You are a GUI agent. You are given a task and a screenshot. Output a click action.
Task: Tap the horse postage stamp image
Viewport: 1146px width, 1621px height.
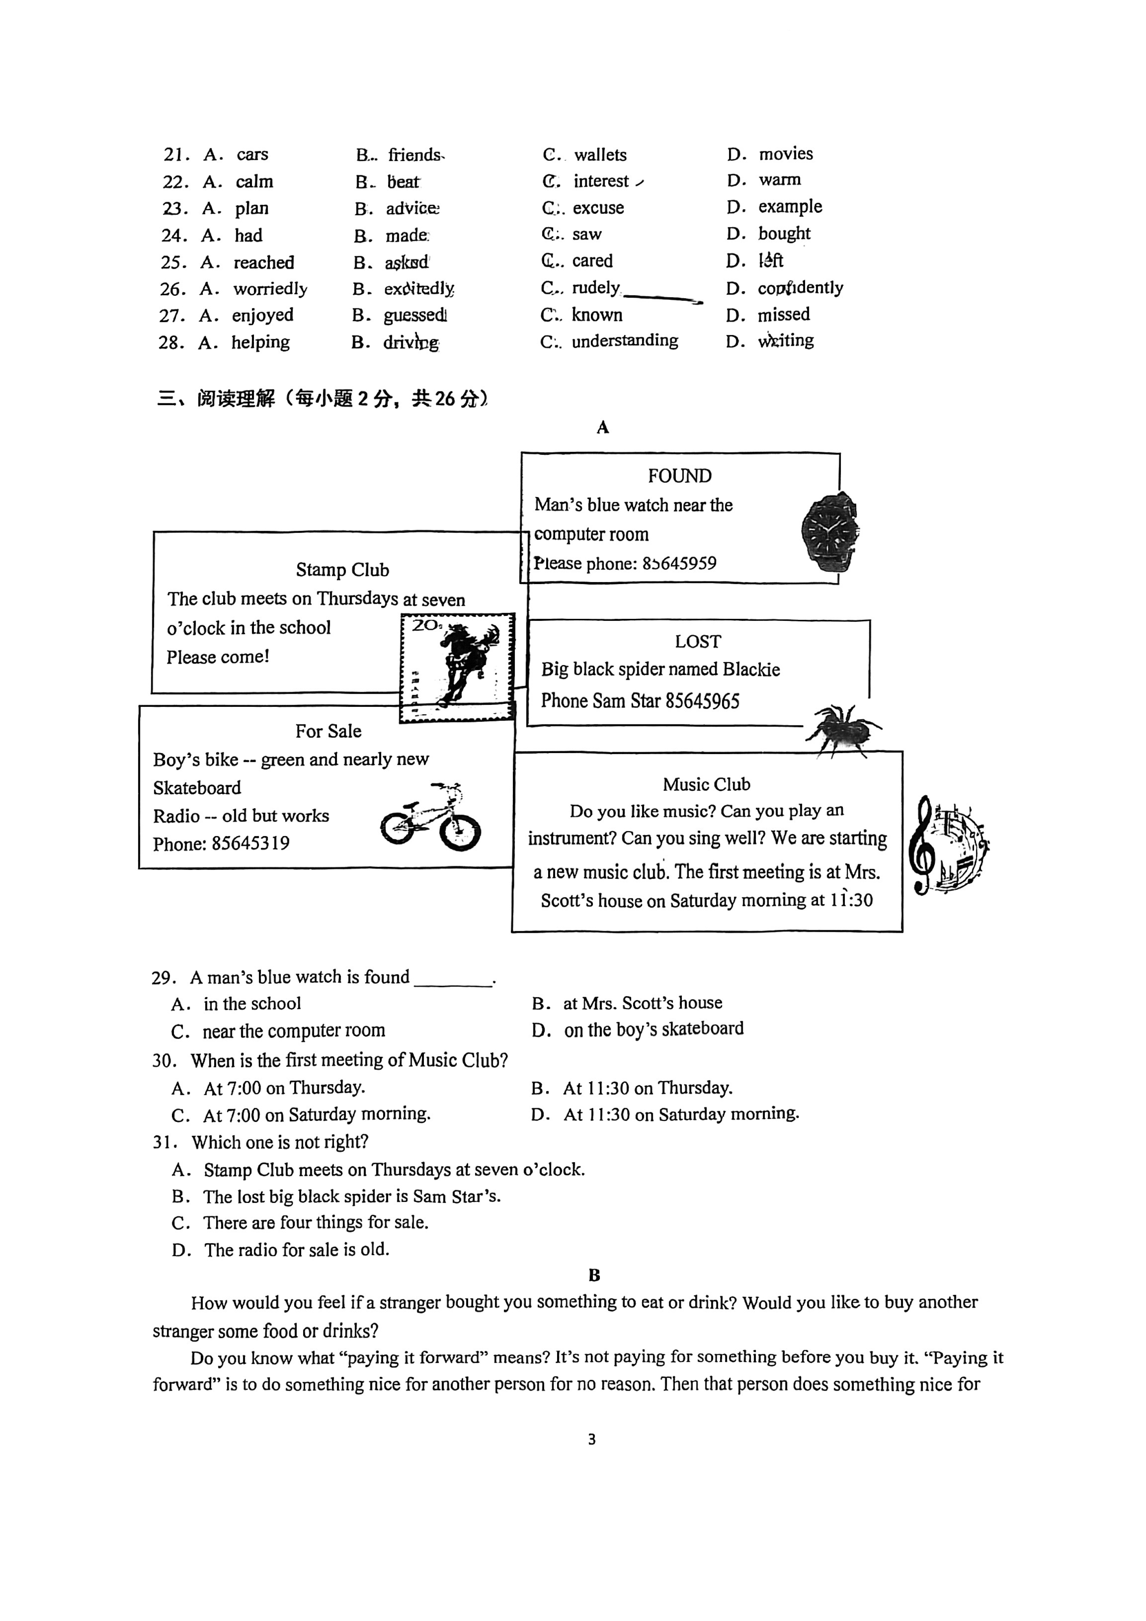point(457,667)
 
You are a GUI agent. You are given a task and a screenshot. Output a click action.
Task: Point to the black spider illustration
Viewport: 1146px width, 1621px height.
point(842,730)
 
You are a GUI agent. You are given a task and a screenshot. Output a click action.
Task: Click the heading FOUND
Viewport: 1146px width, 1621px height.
point(679,476)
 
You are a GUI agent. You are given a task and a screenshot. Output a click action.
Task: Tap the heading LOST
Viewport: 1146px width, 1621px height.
point(698,641)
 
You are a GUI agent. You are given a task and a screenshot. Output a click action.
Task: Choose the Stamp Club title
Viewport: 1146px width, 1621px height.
point(342,570)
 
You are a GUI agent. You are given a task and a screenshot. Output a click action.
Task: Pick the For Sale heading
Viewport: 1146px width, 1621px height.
point(328,731)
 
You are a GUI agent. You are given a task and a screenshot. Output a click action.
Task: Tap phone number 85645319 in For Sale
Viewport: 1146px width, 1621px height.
point(251,844)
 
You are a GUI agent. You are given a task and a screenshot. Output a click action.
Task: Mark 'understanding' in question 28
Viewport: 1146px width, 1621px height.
point(624,341)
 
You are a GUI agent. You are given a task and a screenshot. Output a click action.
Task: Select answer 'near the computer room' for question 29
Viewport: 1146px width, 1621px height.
point(294,1031)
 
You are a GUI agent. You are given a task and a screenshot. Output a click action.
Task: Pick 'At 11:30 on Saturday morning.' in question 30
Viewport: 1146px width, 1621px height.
point(681,1114)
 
